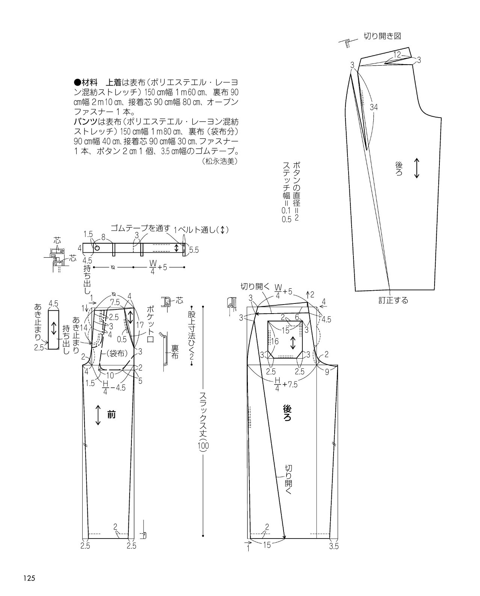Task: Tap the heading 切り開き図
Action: click(x=382, y=36)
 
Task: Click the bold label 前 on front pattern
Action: click(x=111, y=415)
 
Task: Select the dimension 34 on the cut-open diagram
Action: click(x=374, y=107)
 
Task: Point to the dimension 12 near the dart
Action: click(x=397, y=54)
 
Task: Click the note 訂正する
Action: click(x=393, y=300)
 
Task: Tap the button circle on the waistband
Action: click(x=97, y=248)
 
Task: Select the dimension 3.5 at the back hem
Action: click(x=334, y=546)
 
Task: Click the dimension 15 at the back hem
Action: click(x=267, y=545)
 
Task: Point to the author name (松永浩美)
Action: click(x=220, y=161)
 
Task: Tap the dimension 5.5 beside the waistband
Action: click(x=194, y=250)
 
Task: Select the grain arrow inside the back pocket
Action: click(x=293, y=343)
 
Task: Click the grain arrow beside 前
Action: click(x=98, y=415)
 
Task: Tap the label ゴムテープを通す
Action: click(x=140, y=228)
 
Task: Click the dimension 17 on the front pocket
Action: click(x=140, y=324)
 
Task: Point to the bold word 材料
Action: click(x=89, y=82)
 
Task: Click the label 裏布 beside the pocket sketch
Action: click(x=175, y=352)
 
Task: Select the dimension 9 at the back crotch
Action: click(x=327, y=372)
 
